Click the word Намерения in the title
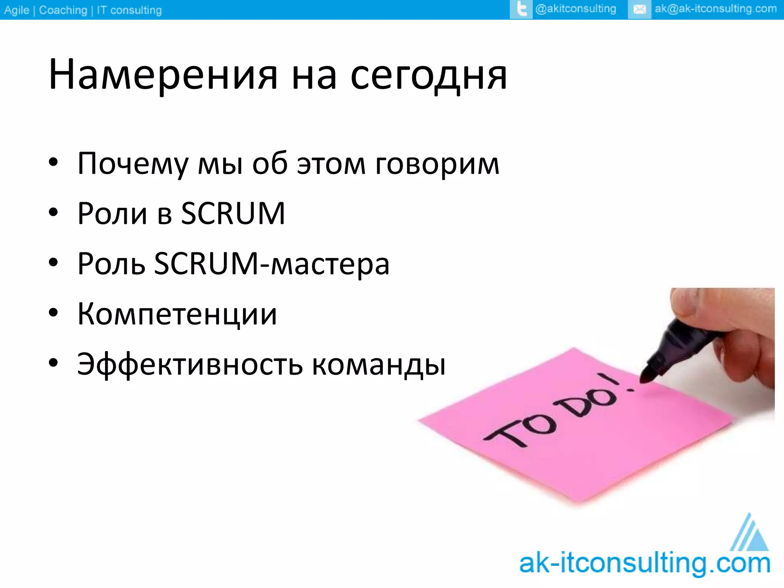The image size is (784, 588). (x=163, y=75)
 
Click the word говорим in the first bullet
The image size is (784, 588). (x=437, y=164)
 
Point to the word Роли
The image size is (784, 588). (x=112, y=214)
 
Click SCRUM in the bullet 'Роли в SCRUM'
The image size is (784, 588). (x=233, y=214)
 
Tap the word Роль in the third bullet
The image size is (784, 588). (x=111, y=264)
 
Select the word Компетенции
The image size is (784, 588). (x=177, y=314)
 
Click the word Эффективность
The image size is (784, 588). (x=190, y=364)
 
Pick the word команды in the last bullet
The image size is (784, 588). (x=379, y=364)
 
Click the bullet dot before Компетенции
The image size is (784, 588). (x=53, y=313)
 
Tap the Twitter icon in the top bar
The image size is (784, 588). (x=521, y=9)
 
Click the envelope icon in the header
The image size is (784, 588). (x=639, y=9)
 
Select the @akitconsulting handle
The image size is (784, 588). (x=575, y=9)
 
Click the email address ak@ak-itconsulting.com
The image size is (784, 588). (x=715, y=9)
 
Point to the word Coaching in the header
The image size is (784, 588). (x=63, y=10)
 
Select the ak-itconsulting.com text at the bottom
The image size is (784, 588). (x=645, y=563)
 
